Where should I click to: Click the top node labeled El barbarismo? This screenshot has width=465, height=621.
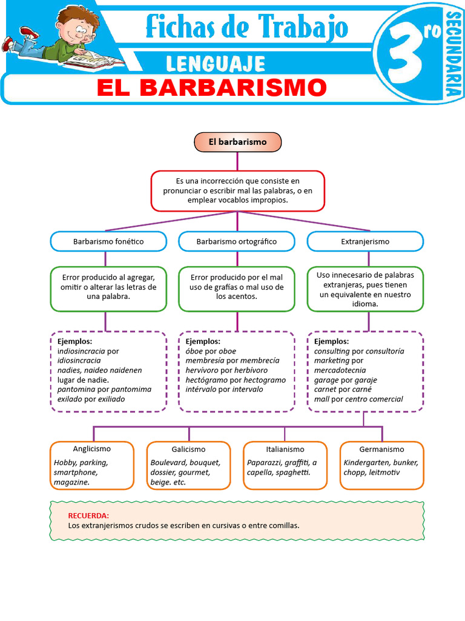[x=237, y=142]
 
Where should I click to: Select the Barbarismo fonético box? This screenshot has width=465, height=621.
[x=108, y=241]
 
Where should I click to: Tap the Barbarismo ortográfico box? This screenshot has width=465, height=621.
[x=237, y=241]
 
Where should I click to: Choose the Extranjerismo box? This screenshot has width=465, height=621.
[x=365, y=241]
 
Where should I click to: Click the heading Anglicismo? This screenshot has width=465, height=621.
[x=92, y=449]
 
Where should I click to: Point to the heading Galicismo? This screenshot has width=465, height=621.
[x=189, y=449]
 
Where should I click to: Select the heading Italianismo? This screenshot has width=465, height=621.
[x=285, y=449]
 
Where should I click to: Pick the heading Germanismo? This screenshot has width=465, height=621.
[x=381, y=449]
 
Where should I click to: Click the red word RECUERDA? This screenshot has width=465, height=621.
[x=88, y=515]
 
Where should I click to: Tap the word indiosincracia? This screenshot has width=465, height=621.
[x=81, y=351]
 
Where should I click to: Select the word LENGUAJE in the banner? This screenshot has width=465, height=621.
[x=216, y=64]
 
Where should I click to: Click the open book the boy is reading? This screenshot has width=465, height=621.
[x=94, y=59]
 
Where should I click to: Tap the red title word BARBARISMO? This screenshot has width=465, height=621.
[x=233, y=87]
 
